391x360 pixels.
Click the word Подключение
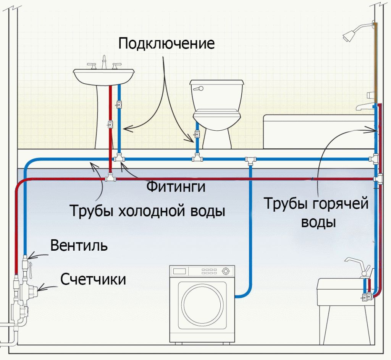[x=166, y=44]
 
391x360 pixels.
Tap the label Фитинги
[x=176, y=186]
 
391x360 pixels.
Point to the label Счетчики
[x=93, y=279]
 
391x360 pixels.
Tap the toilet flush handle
[x=199, y=88]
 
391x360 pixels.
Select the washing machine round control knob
[x=226, y=271]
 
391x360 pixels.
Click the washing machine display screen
[x=179, y=271]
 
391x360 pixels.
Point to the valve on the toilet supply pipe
[x=197, y=135]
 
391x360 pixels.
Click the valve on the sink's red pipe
[x=110, y=124]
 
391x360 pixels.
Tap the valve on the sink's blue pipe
[x=119, y=104]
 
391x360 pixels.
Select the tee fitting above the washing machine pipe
[x=250, y=160]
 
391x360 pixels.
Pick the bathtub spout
[x=362, y=107]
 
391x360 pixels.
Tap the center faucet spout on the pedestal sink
[x=104, y=62]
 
